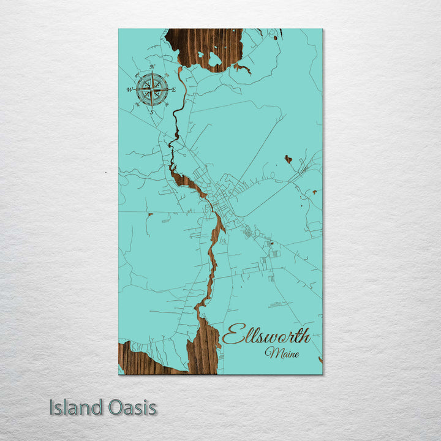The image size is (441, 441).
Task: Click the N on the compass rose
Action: point(152,66)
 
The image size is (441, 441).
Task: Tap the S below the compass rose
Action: point(151,112)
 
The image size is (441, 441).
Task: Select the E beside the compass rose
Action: point(174,90)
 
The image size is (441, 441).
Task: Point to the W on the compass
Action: point(129,90)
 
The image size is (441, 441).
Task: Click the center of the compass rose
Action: point(152,89)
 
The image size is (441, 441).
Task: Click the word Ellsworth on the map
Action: point(266,336)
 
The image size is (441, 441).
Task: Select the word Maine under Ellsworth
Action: point(282,353)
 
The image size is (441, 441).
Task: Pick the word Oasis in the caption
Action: point(133,407)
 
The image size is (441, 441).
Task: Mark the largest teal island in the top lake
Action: point(214,59)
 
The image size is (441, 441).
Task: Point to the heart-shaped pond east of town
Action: point(288,159)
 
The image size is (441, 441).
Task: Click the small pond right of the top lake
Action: point(275,38)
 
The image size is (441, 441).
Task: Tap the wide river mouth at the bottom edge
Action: point(203,352)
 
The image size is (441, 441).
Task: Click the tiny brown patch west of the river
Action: point(150,214)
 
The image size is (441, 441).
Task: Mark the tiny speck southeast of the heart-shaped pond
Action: point(314,192)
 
